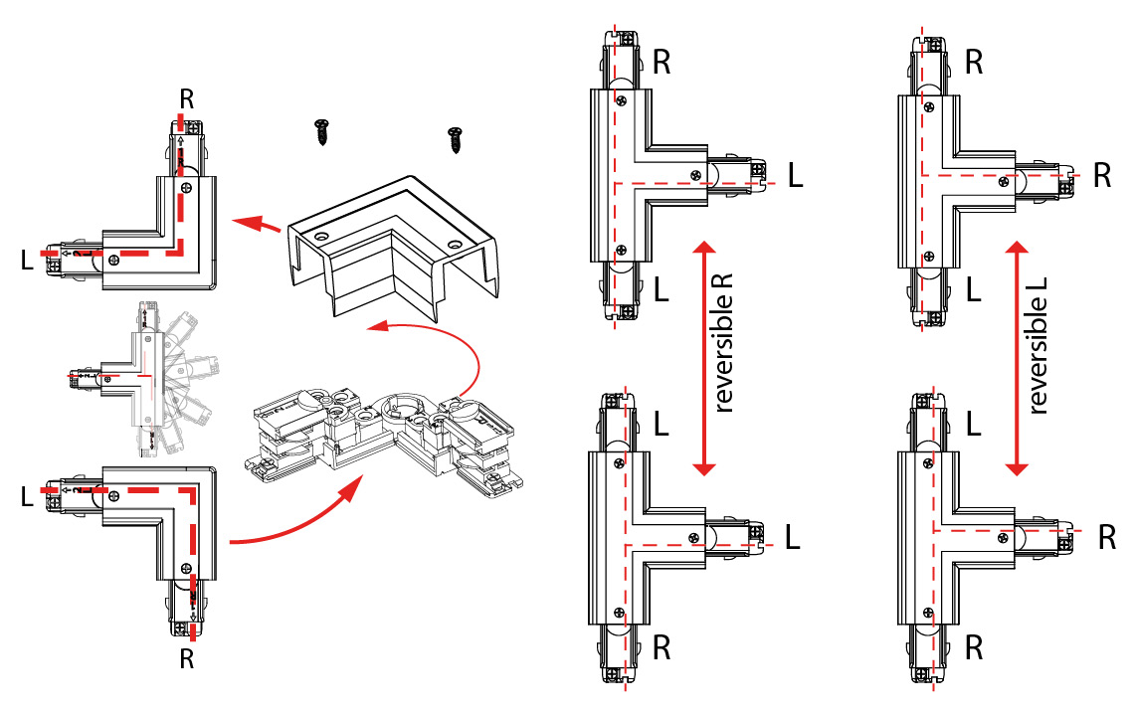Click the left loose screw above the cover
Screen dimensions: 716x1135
[322, 131]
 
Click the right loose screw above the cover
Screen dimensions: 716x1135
[456, 138]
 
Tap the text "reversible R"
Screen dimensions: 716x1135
[724, 344]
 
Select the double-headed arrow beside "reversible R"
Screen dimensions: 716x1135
[704, 357]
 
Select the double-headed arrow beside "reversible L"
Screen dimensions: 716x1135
[1017, 357]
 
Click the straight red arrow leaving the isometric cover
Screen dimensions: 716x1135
[256, 223]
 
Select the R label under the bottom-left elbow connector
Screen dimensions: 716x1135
[186, 657]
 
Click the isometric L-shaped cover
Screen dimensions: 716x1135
[393, 249]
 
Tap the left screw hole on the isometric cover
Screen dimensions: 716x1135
[321, 239]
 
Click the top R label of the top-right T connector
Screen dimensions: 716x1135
[975, 62]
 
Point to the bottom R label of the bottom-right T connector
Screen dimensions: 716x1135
[975, 648]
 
